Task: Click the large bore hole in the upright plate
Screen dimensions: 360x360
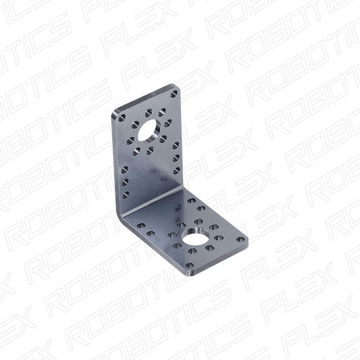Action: pos(149,131)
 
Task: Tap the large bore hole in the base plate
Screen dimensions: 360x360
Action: pos(196,236)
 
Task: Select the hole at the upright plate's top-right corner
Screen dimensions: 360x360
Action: pos(174,94)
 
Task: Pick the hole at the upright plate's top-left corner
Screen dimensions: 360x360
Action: pos(122,118)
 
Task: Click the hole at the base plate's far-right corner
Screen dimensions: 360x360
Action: pos(240,240)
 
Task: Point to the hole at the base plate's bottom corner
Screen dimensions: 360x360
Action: pos(189,265)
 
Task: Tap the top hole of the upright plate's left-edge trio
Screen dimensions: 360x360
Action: pos(125,170)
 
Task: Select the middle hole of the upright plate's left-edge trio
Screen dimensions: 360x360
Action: pos(126,182)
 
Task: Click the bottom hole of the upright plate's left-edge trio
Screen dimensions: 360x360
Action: pos(126,195)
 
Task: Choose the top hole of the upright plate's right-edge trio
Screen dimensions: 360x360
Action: pos(176,145)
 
